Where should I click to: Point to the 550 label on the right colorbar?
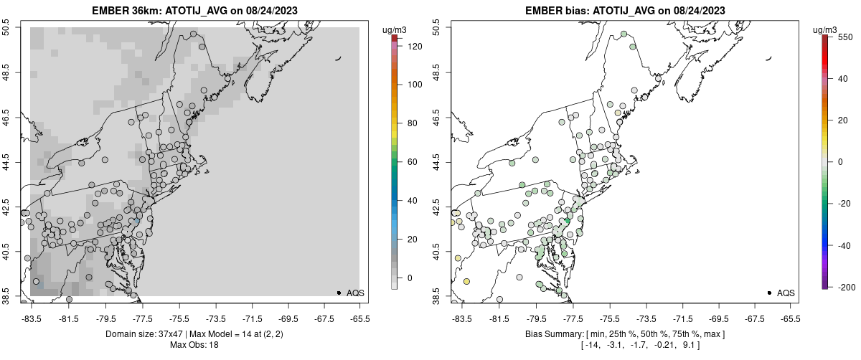pos(844,37)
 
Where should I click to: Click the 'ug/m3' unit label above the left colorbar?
pos(395,30)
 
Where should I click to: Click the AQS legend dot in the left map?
pos(339,293)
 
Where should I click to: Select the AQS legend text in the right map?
pos(786,293)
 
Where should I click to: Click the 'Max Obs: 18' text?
pos(194,345)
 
